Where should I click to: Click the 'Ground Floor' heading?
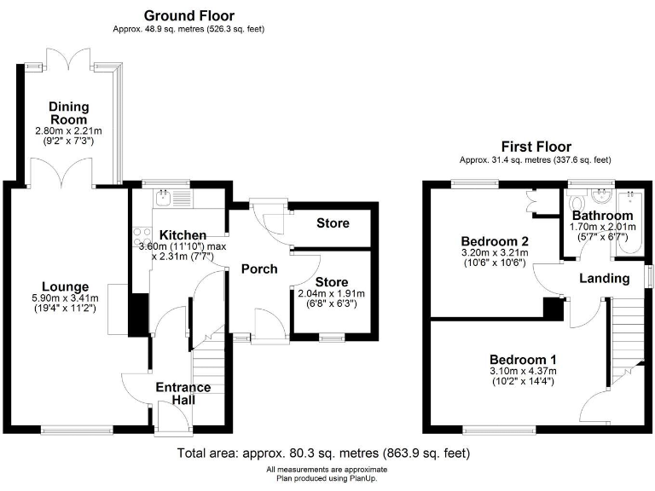(188, 15)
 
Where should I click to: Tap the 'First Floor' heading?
(536, 147)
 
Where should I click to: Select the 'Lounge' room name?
(67, 286)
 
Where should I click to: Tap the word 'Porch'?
(259, 269)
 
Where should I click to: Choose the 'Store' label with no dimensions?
(333, 223)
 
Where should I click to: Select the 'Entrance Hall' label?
(183, 395)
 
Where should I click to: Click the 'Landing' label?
(604, 278)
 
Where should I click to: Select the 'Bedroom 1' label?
(523, 359)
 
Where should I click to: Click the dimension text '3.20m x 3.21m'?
(494, 252)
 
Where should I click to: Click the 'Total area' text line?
(323, 453)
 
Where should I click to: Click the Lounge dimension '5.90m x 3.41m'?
(67, 297)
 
